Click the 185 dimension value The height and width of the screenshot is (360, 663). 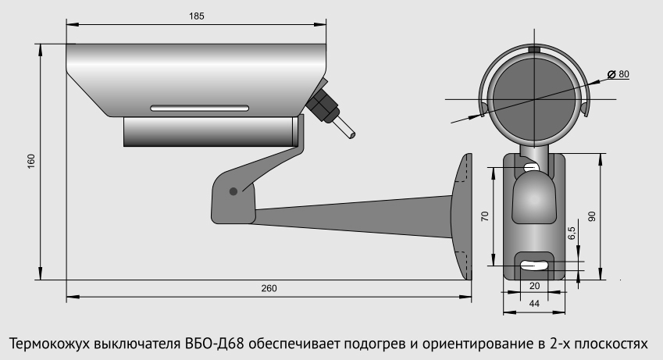(x=196, y=16)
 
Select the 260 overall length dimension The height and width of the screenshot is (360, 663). (x=269, y=288)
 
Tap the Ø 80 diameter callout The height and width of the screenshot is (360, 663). (x=622, y=73)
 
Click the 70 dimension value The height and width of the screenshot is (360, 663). (x=484, y=217)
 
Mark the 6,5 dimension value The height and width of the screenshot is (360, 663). (x=572, y=233)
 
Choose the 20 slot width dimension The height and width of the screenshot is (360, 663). (x=534, y=286)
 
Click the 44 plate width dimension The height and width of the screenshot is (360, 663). (x=534, y=303)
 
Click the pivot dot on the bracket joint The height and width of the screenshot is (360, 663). (x=233, y=191)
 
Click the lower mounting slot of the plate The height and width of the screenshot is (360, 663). (x=534, y=264)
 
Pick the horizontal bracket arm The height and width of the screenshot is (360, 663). (x=351, y=215)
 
